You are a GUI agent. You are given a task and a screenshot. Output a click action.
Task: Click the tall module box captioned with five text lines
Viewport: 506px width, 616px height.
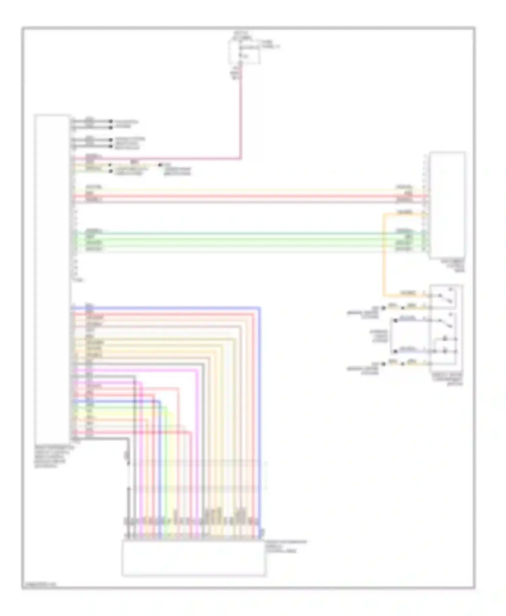(52, 276)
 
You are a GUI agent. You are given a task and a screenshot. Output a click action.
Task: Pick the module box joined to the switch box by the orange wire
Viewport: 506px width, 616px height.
(447, 206)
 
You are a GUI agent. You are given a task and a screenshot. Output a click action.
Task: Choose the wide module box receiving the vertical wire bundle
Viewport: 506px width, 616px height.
(194, 558)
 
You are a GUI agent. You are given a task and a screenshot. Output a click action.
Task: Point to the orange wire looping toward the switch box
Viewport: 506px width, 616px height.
(384, 256)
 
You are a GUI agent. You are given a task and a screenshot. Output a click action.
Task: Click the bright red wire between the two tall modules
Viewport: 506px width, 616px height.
(236, 196)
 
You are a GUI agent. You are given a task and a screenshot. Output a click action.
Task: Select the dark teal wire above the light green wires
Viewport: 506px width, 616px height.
(236, 233)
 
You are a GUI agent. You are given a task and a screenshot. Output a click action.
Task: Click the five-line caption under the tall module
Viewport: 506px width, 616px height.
(51, 457)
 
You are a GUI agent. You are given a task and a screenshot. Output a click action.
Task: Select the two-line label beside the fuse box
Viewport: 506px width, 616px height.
(270, 44)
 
